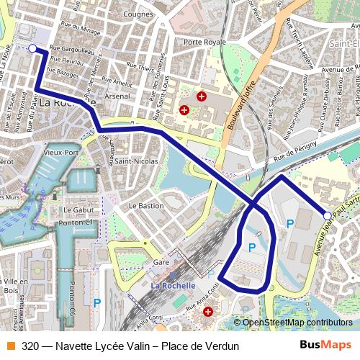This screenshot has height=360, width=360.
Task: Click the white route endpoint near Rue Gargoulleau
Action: coord(32,48)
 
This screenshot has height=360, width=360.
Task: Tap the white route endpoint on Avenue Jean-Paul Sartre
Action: coord(327,215)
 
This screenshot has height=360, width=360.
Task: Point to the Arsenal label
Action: coord(117,96)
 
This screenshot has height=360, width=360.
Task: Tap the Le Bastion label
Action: coord(146,205)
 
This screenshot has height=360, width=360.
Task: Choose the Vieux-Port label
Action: coord(60,153)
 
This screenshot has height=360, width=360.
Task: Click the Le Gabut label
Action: coord(79,210)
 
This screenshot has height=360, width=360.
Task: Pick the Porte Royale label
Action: coord(204,42)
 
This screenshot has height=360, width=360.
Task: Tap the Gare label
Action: coord(161,263)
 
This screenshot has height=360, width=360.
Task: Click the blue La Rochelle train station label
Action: coord(173,285)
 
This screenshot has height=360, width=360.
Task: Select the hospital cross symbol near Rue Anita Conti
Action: coord(209,312)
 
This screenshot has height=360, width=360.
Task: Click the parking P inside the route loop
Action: coord(252,247)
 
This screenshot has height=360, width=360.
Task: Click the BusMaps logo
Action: coord(325,346)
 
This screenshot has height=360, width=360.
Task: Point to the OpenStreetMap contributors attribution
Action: coord(297,323)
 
